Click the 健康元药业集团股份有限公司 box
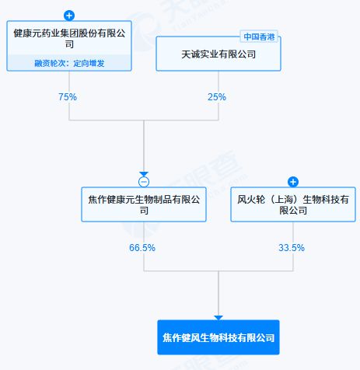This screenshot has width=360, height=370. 69,46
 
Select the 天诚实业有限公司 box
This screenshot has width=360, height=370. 218,54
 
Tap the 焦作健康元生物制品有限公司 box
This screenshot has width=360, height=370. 144,204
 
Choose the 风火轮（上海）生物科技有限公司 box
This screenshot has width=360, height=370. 293,204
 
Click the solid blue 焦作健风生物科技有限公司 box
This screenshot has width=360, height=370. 218,337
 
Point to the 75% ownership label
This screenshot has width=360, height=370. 68,97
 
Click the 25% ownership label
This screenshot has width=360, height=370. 217,97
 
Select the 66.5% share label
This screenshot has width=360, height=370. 142,248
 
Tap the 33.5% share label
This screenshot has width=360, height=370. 292,248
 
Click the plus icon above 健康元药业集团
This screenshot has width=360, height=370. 69,16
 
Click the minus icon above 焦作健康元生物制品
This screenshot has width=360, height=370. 144,182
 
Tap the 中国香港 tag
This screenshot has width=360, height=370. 259,37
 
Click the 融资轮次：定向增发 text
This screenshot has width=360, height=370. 69,63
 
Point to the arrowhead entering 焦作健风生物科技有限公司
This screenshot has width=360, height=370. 218,318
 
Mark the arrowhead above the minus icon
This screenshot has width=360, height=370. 144,174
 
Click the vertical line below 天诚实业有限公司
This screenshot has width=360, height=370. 218,96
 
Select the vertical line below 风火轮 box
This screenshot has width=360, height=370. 293,246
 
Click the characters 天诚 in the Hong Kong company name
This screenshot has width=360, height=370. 190,54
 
